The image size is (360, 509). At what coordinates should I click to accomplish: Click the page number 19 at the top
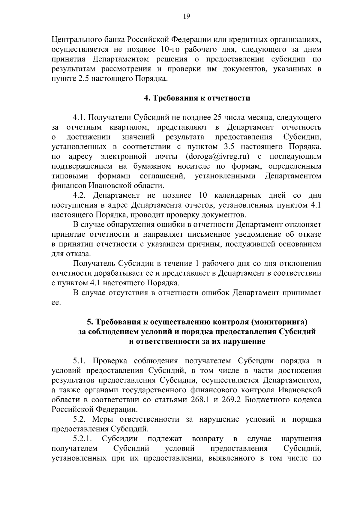click(x=186, y=16)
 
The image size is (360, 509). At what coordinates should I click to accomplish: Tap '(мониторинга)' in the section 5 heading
click(x=280, y=322)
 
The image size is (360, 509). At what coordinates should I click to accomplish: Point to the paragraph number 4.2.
click(x=80, y=196)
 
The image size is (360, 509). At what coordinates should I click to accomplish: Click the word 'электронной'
click(x=123, y=157)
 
